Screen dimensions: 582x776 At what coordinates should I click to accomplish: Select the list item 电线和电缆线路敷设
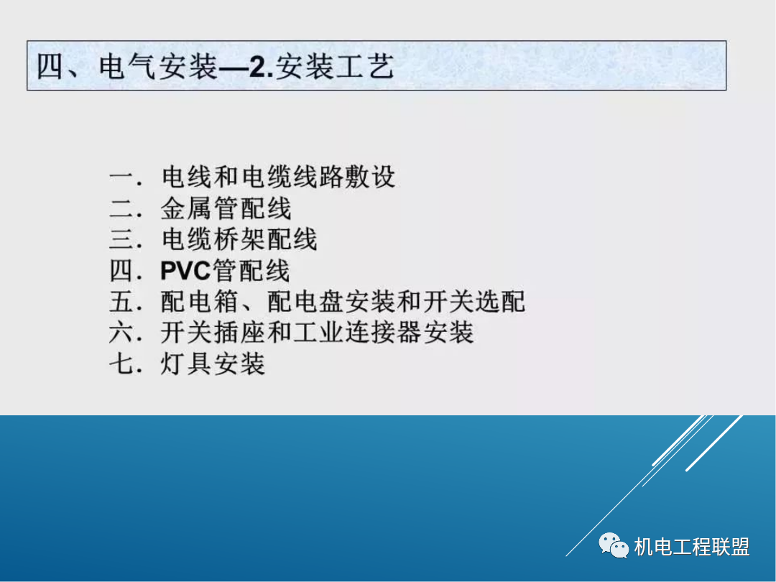[278, 177]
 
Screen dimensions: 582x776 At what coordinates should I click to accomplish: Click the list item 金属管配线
[226, 208]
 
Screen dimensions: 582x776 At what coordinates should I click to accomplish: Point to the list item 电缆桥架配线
[239, 239]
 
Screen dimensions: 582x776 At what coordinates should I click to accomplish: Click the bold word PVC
[185, 271]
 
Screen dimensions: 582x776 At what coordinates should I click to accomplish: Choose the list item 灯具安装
[213, 364]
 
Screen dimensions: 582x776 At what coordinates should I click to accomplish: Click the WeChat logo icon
[614, 547]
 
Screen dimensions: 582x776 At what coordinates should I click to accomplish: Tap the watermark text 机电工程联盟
[692, 548]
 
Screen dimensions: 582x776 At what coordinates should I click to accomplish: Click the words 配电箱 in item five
[199, 302]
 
